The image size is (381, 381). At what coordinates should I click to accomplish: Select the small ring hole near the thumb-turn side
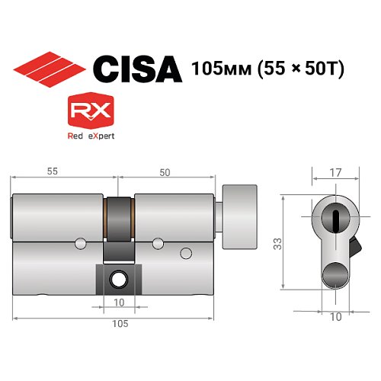[184, 253]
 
